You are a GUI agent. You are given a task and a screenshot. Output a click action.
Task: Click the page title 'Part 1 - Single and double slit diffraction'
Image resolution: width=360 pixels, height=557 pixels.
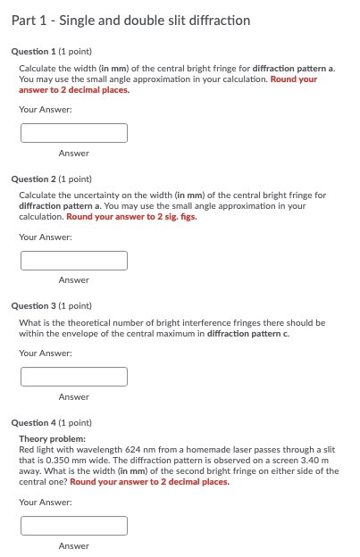(x=131, y=21)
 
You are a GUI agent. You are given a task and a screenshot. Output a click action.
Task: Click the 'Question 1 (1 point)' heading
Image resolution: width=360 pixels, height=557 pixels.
(x=51, y=52)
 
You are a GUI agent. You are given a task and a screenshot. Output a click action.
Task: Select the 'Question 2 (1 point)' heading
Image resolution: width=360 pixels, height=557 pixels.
(x=51, y=179)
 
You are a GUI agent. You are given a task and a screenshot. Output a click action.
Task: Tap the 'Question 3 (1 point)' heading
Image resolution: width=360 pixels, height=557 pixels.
(x=51, y=306)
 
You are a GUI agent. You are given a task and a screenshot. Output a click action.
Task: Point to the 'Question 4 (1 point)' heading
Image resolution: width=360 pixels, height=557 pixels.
(x=51, y=423)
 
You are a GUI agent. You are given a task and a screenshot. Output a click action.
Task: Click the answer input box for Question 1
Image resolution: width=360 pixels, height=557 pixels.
(x=74, y=133)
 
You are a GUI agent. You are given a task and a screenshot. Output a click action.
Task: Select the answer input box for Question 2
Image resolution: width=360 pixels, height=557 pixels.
(x=74, y=261)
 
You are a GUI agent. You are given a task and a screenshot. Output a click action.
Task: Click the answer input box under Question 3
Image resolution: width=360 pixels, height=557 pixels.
(x=74, y=377)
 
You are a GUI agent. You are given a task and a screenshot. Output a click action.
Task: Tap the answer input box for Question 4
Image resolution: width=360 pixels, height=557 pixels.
(x=74, y=526)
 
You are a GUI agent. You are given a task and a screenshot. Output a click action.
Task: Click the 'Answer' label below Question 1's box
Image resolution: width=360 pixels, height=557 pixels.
(x=74, y=154)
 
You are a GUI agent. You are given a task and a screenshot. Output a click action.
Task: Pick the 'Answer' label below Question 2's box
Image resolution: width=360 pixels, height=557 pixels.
(x=74, y=280)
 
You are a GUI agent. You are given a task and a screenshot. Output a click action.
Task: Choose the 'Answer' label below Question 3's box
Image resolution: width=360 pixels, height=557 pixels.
(x=74, y=397)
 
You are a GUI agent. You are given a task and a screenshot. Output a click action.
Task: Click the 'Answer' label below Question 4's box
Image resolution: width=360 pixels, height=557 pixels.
(x=74, y=545)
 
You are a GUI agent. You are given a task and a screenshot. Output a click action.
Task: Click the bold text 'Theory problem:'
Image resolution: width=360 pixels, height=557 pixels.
(x=53, y=439)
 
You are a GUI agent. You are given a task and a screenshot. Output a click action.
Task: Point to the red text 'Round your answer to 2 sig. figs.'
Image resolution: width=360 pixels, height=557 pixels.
(x=131, y=217)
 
